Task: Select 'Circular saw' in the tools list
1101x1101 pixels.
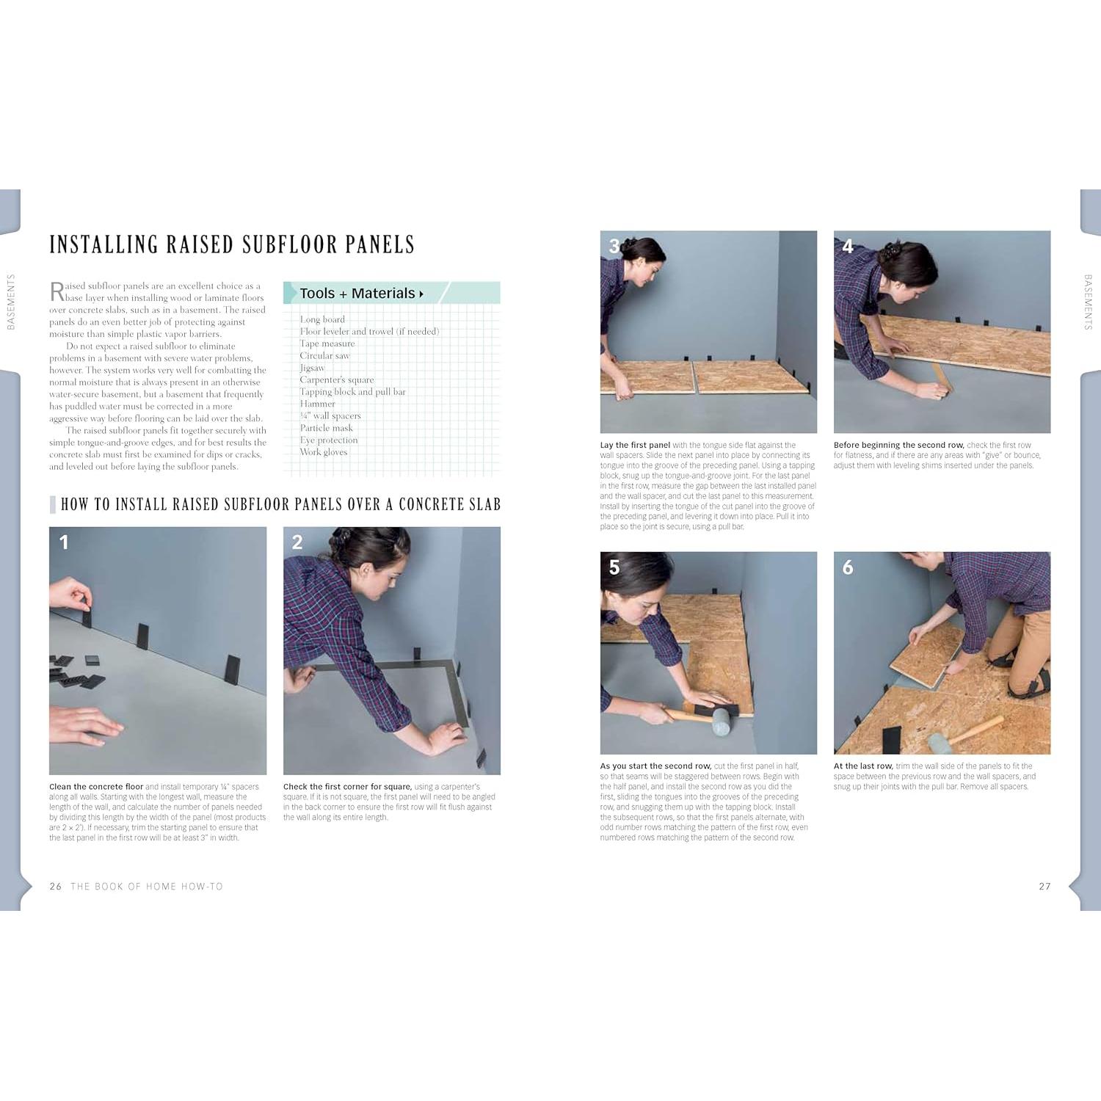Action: (324, 356)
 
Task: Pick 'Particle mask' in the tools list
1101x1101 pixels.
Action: (326, 428)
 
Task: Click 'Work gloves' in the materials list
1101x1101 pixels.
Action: (324, 452)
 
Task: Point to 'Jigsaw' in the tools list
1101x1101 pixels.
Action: (312, 368)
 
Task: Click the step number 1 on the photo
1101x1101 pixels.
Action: (64, 542)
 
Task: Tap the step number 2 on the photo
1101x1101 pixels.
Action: (297, 542)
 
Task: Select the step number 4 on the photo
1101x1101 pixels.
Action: (848, 247)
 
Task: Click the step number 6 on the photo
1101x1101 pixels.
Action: (848, 567)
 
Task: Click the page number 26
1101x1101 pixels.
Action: (56, 887)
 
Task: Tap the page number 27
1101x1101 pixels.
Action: (1044, 887)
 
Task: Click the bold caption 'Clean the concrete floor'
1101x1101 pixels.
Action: (96, 787)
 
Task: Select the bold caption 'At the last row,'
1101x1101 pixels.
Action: (863, 766)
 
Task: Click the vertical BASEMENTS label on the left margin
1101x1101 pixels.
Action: (11, 302)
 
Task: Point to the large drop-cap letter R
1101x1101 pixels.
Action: (57, 291)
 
